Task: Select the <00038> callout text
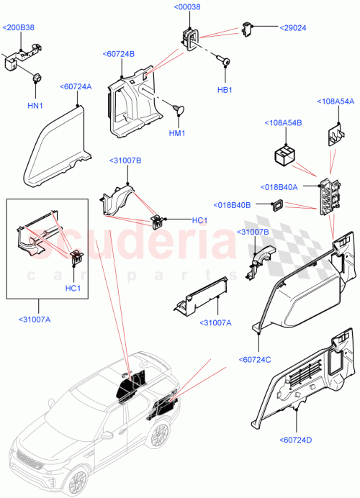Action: click(188, 7)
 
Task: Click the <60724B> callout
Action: click(119, 54)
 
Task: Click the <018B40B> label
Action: click(232, 205)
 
